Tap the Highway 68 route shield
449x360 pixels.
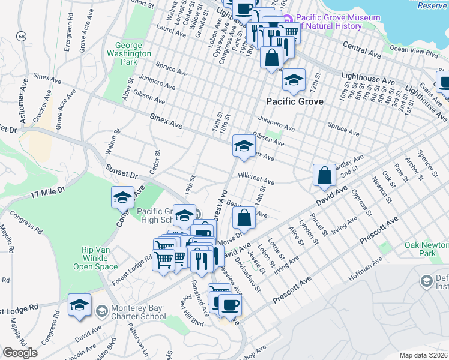click(x=22, y=37)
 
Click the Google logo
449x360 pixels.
click(x=20, y=353)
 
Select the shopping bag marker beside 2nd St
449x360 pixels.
click(x=324, y=175)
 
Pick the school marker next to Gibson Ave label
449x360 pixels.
click(x=243, y=146)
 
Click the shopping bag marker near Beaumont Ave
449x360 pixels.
click(x=244, y=218)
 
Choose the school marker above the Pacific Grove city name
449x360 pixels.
click(x=294, y=79)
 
